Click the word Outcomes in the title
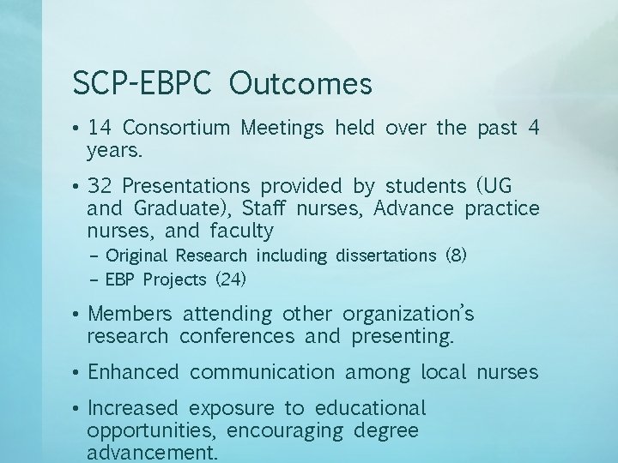point(301,84)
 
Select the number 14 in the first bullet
point(100,129)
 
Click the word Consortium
point(177,129)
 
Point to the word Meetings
point(282,129)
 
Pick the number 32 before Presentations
point(100,186)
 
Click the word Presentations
point(186,186)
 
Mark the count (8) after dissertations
point(456,256)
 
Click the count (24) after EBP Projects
point(230,280)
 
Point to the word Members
point(130,314)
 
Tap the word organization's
point(408,314)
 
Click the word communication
point(262,372)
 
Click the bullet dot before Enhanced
point(77,372)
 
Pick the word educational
point(370,408)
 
